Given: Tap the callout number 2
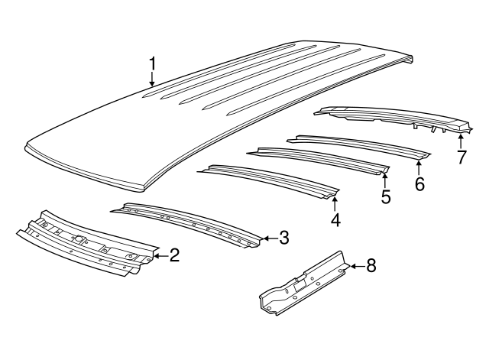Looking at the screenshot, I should (x=174, y=255).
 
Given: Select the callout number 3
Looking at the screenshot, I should (x=283, y=238).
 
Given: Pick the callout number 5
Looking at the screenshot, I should (x=386, y=197).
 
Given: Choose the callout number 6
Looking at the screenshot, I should (x=419, y=183).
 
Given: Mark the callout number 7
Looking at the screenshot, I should (x=461, y=157).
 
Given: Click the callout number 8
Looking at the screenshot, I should (x=371, y=266).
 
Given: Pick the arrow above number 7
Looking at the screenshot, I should (x=461, y=140).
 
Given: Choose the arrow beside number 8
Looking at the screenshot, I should (x=355, y=267).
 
